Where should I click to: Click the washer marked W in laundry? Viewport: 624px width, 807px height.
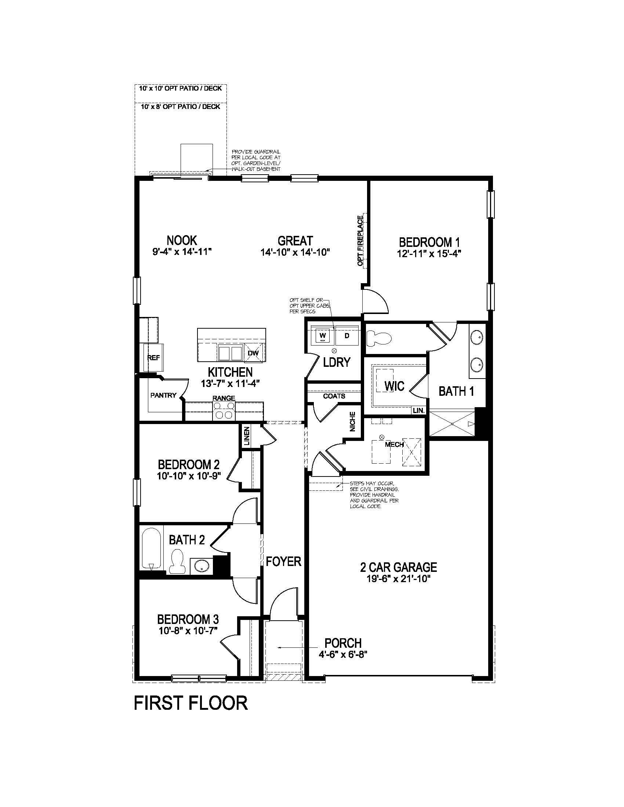click(322, 336)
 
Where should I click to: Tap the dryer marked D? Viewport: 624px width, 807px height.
click(347, 336)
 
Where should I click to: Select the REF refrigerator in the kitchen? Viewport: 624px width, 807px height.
click(153, 357)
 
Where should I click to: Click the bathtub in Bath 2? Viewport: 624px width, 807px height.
click(152, 549)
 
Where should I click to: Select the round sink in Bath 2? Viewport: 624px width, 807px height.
click(202, 566)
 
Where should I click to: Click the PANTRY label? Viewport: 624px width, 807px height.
click(163, 395)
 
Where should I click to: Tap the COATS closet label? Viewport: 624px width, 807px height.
click(334, 396)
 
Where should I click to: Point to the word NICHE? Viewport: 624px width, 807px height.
click(353, 421)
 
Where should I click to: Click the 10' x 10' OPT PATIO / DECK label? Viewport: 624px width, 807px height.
click(180, 88)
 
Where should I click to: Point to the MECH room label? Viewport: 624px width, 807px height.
click(394, 444)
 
